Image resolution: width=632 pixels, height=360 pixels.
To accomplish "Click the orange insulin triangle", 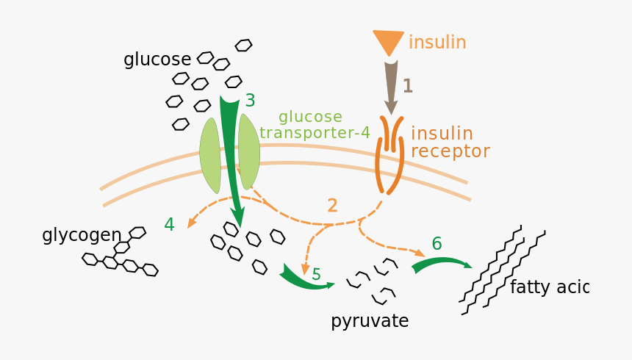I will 388,41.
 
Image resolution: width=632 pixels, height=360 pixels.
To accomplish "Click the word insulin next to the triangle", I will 437,43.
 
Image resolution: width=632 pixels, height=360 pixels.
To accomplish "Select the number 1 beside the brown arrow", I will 407,87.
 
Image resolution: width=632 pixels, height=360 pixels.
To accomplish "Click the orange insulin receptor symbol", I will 389,155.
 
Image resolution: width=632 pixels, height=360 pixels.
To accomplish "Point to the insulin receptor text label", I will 449,143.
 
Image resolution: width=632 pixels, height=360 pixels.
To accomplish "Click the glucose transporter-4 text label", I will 314,125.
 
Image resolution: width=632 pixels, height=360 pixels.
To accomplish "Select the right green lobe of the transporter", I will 249,151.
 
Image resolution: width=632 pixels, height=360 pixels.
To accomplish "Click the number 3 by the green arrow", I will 250,101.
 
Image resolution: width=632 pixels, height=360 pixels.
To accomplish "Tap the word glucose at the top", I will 157,60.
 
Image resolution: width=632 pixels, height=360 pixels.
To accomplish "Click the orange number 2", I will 332,206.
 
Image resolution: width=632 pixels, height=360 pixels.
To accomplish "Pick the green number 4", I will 169,225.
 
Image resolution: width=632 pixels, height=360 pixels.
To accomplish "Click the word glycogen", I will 82,235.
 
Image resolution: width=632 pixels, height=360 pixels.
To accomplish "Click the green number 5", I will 316,274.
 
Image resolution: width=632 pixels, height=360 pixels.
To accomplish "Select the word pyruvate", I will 370,321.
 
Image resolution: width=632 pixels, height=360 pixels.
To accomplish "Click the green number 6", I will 437,244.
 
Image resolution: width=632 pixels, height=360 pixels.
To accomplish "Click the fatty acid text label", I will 549,287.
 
